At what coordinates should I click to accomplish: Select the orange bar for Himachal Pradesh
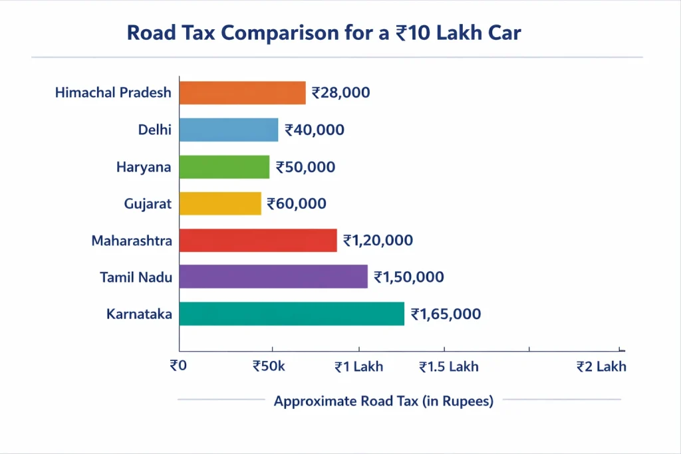click(242, 93)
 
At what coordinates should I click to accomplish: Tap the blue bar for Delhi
click(228, 130)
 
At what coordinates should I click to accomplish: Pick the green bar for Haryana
click(224, 167)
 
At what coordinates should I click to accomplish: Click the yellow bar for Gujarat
click(220, 203)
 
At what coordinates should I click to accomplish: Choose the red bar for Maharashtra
click(258, 240)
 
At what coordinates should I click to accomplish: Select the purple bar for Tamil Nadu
click(273, 277)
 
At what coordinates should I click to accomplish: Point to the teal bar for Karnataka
click(291, 314)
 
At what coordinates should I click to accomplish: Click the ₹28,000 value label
click(340, 93)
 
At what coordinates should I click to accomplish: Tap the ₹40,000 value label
click(314, 130)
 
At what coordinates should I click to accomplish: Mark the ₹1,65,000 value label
click(446, 314)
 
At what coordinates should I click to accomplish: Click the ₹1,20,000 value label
click(378, 241)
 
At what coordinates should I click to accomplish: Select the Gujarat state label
click(148, 204)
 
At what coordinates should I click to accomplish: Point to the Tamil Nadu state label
click(136, 277)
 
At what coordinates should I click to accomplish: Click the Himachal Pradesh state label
click(113, 93)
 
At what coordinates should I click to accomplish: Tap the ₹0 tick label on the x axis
click(178, 366)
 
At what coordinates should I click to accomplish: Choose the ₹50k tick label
click(269, 366)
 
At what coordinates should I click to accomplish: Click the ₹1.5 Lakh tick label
click(448, 366)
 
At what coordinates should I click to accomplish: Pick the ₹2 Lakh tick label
click(601, 366)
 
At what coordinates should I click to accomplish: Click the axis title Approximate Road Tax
click(384, 401)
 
